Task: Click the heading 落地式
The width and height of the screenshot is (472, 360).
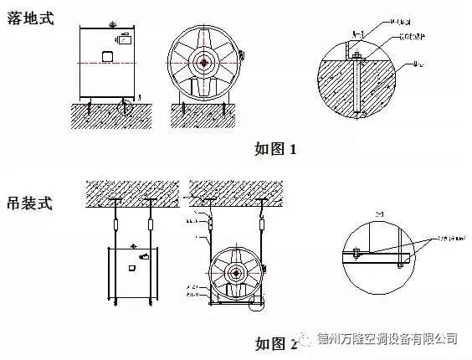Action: (x=31, y=18)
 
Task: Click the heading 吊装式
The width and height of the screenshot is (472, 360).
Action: (x=31, y=203)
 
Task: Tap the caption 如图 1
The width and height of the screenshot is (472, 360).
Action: (x=275, y=150)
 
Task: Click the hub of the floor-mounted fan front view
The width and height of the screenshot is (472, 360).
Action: (x=203, y=64)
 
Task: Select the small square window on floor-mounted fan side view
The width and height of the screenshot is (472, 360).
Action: (x=106, y=56)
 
